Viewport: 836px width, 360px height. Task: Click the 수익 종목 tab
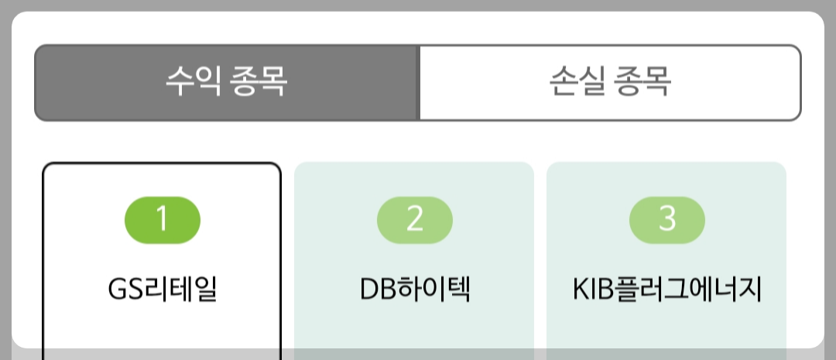[227, 82]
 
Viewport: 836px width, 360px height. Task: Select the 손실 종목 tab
[610, 82]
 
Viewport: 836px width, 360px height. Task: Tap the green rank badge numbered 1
[163, 220]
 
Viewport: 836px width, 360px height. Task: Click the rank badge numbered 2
[415, 220]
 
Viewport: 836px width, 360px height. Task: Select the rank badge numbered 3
[667, 220]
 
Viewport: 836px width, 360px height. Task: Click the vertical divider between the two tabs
[418, 82]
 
